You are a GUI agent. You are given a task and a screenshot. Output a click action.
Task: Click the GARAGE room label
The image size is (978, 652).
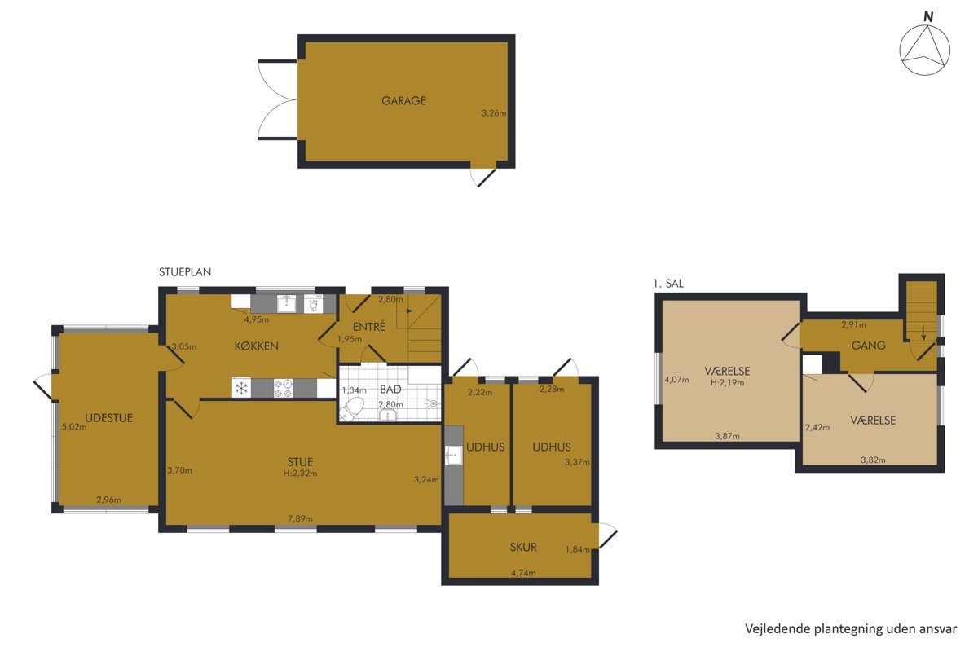click(403, 101)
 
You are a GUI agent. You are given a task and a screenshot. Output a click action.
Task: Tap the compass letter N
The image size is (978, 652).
click(928, 17)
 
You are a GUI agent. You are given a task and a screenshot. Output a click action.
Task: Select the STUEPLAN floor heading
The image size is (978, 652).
click(185, 272)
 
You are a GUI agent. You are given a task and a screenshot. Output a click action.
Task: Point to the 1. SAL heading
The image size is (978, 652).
click(668, 284)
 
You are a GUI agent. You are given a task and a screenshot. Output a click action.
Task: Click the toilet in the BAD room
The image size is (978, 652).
click(352, 409)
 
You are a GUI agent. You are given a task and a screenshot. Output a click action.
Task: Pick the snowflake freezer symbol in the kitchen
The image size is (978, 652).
click(241, 388)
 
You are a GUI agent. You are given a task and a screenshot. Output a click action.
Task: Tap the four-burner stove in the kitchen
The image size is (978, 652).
click(283, 388)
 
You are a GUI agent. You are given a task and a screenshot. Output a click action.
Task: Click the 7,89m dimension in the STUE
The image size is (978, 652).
click(300, 518)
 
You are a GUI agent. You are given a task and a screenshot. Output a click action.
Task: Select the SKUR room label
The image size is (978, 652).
click(523, 547)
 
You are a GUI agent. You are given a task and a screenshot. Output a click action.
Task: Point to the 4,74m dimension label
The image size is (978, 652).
click(523, 572)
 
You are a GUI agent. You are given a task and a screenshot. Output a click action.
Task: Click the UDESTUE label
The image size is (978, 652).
click(108, 418)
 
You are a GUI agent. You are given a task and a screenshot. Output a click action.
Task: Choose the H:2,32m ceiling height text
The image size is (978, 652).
click(300, 473)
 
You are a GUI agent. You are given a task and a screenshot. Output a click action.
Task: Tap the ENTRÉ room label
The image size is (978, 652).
click(369, 326)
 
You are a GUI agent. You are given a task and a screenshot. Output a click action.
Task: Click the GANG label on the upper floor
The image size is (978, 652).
click(869, 346)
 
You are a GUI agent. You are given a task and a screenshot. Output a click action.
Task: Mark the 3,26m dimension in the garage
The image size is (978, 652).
click(494, 113)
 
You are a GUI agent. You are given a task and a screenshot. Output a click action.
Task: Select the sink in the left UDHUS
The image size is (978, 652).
click(454, 455)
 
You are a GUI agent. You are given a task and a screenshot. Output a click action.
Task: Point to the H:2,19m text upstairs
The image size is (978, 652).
click(727, 382)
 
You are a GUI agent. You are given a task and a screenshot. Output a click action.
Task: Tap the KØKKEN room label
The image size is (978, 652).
click(256, 346)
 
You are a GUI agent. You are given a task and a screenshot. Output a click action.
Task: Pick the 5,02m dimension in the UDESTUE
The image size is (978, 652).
click(74, 427)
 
